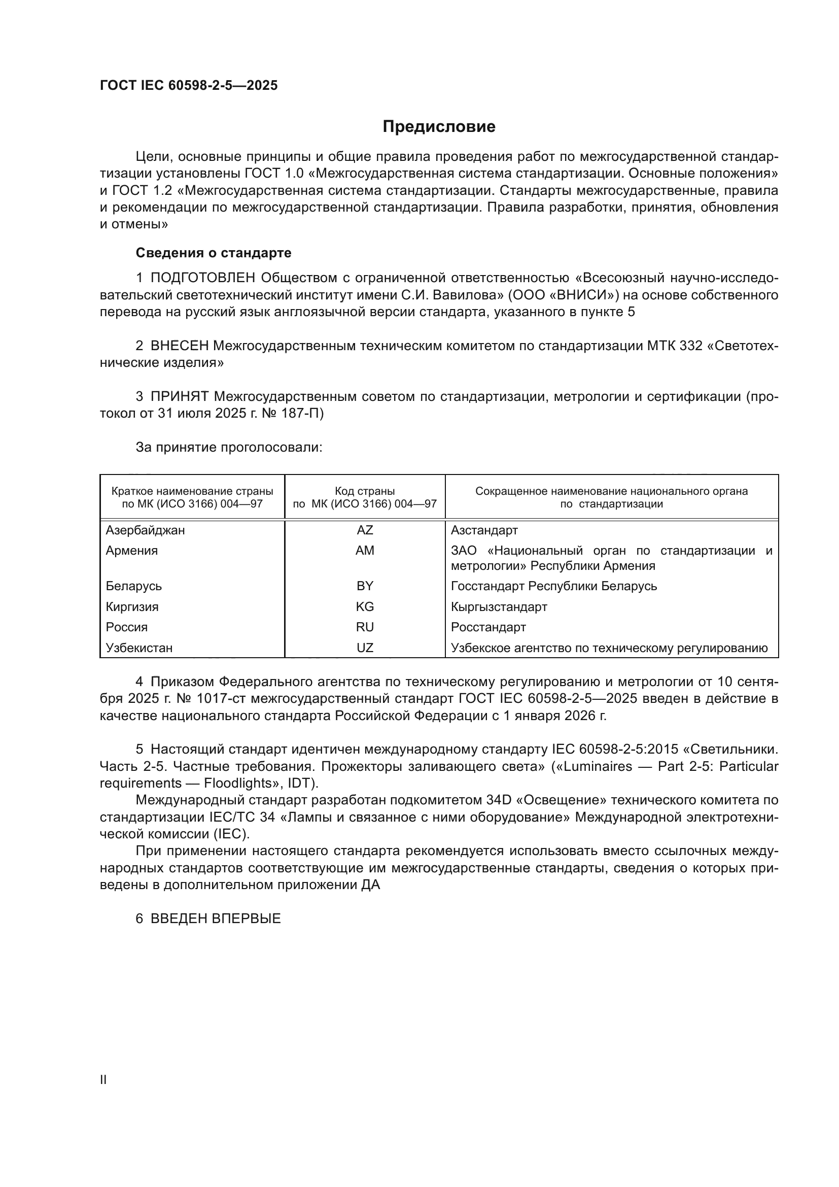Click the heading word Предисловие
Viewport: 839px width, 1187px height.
439,127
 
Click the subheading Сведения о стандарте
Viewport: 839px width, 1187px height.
214,253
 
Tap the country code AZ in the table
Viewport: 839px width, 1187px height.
365,530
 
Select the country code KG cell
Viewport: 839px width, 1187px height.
365,606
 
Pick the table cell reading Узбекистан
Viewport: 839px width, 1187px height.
139,648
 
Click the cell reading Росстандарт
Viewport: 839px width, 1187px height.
488,627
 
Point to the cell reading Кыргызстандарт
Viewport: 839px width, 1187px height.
499,606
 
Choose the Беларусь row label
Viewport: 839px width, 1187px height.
134,586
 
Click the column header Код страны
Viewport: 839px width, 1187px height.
365,491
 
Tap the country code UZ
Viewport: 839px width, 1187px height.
365,648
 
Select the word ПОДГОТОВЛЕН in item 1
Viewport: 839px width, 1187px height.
202,278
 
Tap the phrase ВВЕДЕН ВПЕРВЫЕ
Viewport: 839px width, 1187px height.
216,919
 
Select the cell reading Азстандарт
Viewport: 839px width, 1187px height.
484,530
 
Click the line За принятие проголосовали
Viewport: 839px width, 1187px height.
229,447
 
